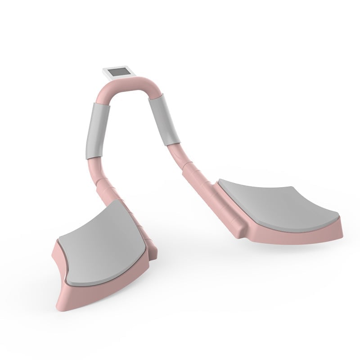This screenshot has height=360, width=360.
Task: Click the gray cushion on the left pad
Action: tap(103, 243)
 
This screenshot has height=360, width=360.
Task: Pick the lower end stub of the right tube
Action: tap(238, 227)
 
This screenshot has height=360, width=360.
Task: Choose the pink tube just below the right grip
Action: tap(177, 155)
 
